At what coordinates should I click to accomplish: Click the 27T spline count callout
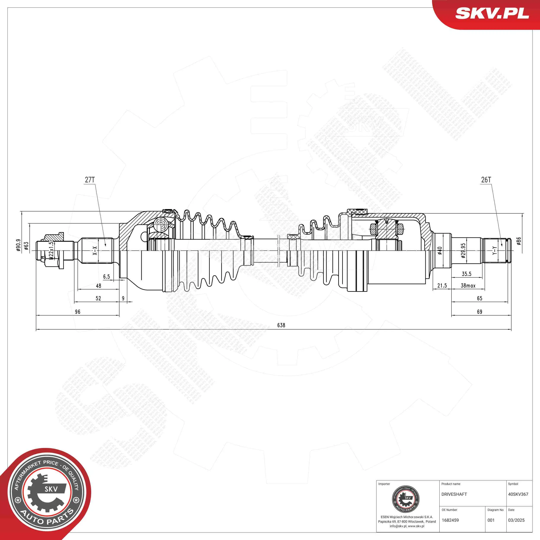click(x=90, y=180)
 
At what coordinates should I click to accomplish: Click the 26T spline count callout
click(x=486, y=180)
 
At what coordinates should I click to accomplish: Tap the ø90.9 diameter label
click(x=18, y=245)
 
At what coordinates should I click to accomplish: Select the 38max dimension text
click(x=468, y=286)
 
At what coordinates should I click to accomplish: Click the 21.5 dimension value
click(x=442, y=286)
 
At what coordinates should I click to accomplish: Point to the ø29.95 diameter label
click(x=463, y=250)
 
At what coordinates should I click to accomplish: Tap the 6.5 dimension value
click(x=106, y=277)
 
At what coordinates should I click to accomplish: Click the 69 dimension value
click(x=480, y=312)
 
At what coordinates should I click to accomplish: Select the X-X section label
click(x=95, y=251)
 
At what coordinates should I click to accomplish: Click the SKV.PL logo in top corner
click(x=492, y=13)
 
